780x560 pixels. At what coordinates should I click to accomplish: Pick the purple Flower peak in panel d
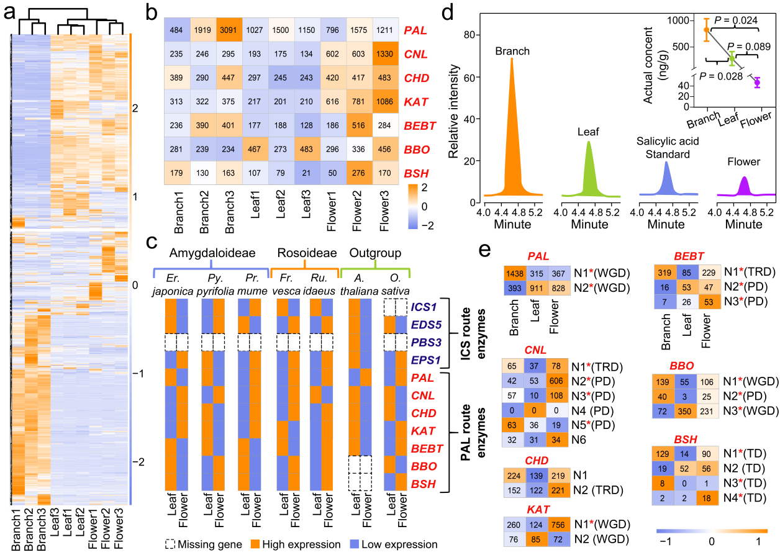pos(744,186)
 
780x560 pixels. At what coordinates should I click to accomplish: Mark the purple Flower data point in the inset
pos(757,82)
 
